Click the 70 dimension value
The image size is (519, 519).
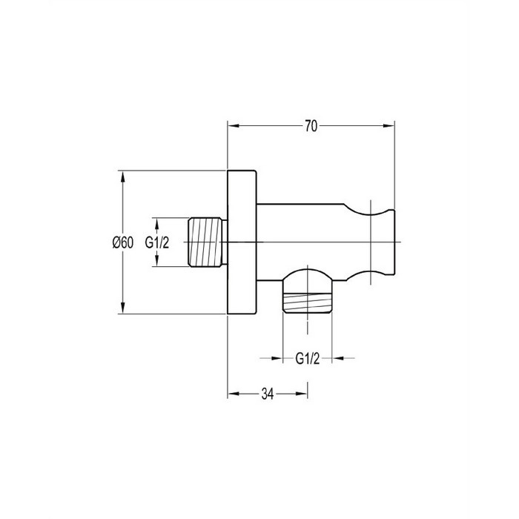(x=311, y=126)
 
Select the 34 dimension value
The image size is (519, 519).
(x=268, y=394)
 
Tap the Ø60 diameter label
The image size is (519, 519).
(x=123, y=242)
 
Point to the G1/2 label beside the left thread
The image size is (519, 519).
(x=157, y=242)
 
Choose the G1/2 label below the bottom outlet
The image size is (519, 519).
(x=308, y=358)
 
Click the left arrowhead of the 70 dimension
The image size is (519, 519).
(x=234, y=126)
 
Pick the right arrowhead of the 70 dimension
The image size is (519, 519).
(x=389, y=126)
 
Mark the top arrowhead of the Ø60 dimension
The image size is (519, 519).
(x=123, y=176)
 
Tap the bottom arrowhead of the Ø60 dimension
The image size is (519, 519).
(x=123, y=308)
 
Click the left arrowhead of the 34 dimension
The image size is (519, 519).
(x=234, y=394)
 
